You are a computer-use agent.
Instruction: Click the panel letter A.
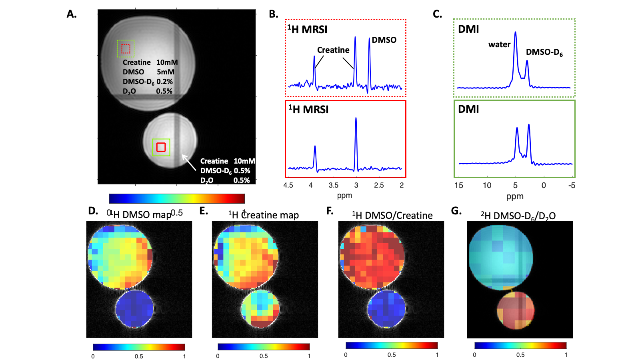[x=72, y=14]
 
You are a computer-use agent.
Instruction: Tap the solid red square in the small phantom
[x=161, y=147]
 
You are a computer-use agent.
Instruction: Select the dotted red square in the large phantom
[x=126, y=49]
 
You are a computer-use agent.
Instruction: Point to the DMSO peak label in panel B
[x=384, y=40]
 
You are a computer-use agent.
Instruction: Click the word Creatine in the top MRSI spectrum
[x=333, y=50]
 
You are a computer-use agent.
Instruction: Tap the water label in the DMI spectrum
[x=499, y=44]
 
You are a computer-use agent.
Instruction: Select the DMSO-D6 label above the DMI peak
[x=544, y=52]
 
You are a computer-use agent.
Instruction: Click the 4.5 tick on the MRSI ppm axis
[x=288, y=185]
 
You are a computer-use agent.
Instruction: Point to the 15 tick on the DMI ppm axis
[x=459, y=185]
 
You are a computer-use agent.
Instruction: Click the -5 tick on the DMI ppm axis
[x=572, y=185]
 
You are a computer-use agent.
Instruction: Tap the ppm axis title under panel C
[x=515, y=196]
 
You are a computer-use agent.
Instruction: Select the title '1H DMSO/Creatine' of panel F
[x=392, y=216]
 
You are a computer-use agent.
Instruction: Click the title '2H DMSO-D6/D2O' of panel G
[x=518, y=216]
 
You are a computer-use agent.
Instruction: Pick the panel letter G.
[x=456, y=211]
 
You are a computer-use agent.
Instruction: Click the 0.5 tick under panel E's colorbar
[x=264, y=356]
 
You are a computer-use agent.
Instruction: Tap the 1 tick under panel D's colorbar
[x=184, y=356]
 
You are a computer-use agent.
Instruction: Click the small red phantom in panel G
[x=516, y=310]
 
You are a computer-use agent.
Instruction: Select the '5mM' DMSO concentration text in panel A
[x=166, y=72]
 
